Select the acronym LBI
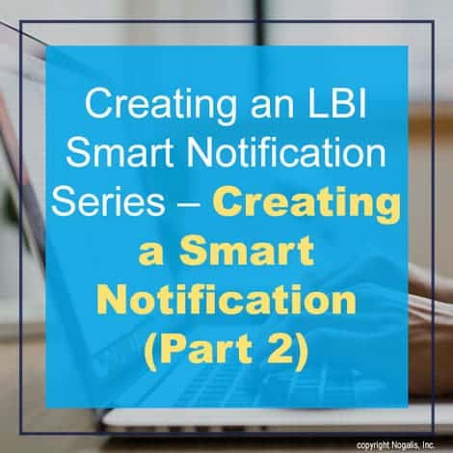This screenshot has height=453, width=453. [x=336, y=104]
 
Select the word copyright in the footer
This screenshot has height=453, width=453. [x=373, y=445]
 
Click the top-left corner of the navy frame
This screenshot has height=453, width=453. [x=20, y=21]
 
